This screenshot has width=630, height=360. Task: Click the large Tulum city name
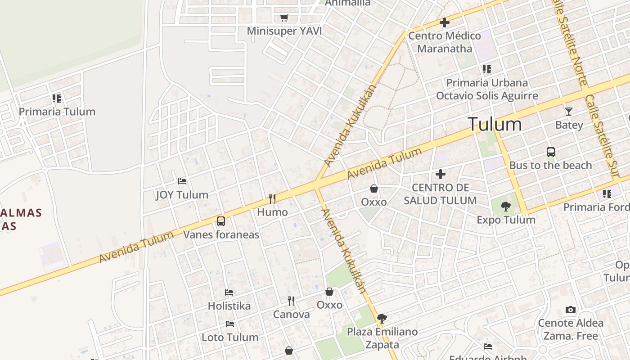[x=495, y=124]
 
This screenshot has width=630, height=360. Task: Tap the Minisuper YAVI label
[x=284, y=31]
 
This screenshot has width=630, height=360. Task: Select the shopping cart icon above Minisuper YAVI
[x=284, y=18]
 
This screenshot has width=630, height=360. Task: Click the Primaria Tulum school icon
[x=56, y=98]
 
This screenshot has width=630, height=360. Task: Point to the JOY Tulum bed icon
[x=182, y=181]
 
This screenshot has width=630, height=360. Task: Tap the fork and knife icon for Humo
[x=272, y=198]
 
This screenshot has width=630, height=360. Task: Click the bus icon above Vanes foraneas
[x=221, y=221]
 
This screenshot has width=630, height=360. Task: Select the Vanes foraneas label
[x=221, y=234]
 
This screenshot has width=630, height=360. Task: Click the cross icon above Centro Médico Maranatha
[x=445, y=22]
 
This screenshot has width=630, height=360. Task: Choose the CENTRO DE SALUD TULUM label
[x=440, y=194]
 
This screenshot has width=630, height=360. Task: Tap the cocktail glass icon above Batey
[x=569, y=111]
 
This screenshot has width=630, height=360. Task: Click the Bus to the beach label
[x=550, y=165]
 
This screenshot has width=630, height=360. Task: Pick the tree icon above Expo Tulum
[x=506, y=207]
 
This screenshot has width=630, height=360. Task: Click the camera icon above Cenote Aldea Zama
[x=571, y=310]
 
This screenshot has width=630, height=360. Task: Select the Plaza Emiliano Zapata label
[x=382, y=338]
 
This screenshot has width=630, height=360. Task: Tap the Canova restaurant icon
[x=291, y=301]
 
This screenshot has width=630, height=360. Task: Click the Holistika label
[x=229, y=306]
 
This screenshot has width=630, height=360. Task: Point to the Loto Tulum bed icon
[x=230, y=324]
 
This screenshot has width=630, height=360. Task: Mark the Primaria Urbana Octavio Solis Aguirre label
[x=487, y=89]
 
